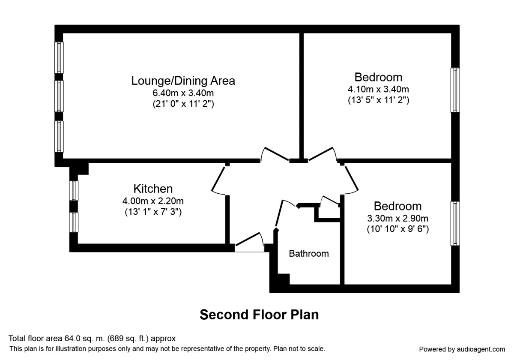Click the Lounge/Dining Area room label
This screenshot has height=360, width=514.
tap(183, 81)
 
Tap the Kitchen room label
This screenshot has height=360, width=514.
tap(153, 189)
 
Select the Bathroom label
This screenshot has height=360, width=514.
tap(309, 253)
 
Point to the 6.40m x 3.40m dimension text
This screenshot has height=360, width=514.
tap(183, 93)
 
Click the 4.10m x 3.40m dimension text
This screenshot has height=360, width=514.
tap(378, 90)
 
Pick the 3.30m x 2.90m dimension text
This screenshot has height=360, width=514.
tap(397, 218)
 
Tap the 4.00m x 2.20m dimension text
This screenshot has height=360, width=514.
tap(153, 201)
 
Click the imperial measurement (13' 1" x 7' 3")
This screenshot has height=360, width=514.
tap(153, 212)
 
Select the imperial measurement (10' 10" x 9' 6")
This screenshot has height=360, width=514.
tap(397, 229)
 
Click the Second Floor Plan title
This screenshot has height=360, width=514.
tap(259, 315)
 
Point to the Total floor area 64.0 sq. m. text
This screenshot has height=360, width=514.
tap(92, 339)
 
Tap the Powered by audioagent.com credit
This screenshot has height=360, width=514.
tap(462, 349)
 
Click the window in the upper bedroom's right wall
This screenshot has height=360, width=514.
tap(455, 90)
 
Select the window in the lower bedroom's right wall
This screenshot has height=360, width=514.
tap(455, 223)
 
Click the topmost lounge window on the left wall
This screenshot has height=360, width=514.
tap(59, 57)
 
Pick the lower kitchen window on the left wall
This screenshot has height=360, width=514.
tap(74, 222)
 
